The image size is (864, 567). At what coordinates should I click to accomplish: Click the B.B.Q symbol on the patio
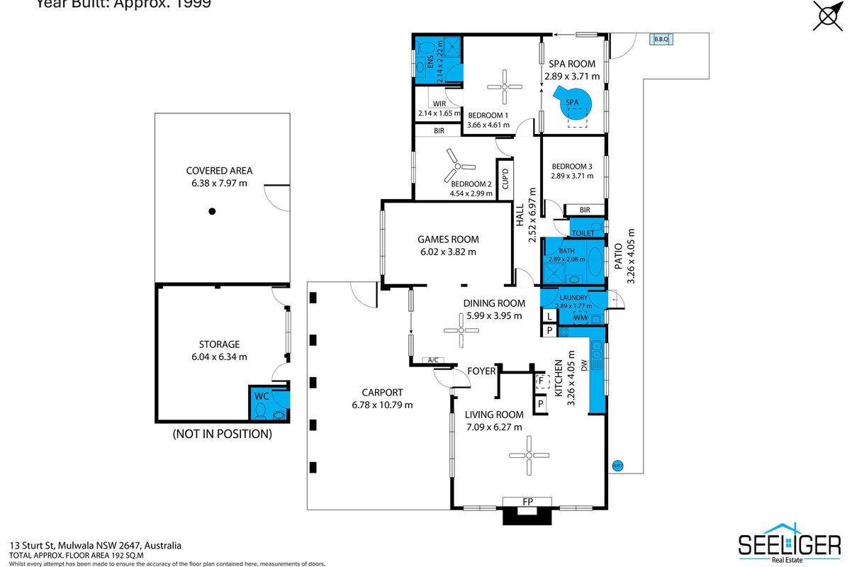pos(662,39)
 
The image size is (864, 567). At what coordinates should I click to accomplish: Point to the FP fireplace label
pos(527,502)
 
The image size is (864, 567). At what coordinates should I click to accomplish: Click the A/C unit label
pos(432,361)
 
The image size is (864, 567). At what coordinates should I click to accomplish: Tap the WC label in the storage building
pos(262,395)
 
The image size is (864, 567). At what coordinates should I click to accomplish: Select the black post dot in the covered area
pos(211,210)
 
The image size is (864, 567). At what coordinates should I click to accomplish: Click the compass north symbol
pos(829,16)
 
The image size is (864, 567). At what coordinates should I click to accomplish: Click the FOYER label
pos(481,371)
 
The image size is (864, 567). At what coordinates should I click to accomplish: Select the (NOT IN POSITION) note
pos(222,434)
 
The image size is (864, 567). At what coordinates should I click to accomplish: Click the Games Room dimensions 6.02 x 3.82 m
pos(447,252)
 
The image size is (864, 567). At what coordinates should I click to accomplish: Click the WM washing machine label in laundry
pos(580,318)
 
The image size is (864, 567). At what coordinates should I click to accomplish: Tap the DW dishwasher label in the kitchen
pos(584,366)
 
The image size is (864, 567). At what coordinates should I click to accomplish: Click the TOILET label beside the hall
pos(583,232)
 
